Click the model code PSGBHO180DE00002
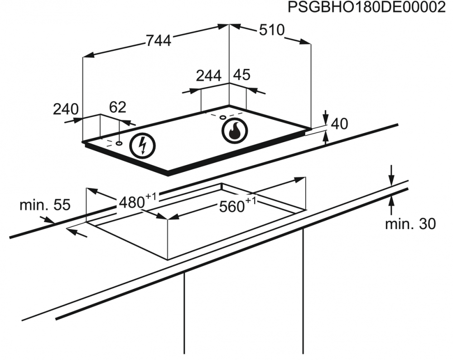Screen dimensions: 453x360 366,8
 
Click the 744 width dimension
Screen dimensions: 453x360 159,41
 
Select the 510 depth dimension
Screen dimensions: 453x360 272,30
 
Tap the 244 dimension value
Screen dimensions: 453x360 208,76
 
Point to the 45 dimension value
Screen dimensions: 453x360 241,75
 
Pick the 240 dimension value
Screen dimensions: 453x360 66,109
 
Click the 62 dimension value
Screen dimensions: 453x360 118,107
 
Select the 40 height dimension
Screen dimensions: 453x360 339,124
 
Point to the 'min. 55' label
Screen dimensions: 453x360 45,205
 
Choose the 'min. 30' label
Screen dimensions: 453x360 410,224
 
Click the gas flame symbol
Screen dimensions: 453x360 235,131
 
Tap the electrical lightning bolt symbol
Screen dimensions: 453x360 142,146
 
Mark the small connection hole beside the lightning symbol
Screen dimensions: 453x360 119,143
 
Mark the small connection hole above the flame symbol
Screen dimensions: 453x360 223,117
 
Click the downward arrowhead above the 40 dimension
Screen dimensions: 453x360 326,119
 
